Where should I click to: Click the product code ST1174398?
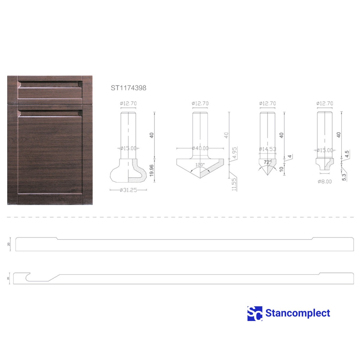(128, 88)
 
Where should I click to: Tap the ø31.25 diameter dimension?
(128, 190)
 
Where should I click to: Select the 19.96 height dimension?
(151, 170)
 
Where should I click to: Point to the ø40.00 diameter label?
(200, 148)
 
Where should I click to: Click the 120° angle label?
(200, 165)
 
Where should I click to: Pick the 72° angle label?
(267, 162)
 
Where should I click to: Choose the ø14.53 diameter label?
(267, 149)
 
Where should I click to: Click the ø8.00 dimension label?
(325, 181)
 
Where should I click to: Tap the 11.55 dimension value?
(234, 184)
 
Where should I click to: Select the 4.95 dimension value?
(235, 153)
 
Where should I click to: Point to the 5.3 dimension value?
(344, 177)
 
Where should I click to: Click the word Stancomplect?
(298, 313)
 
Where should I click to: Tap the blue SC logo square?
(255, 313)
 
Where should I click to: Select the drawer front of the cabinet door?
(50, 89)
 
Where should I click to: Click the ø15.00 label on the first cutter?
(128, 148)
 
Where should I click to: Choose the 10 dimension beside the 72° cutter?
(281, 169)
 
